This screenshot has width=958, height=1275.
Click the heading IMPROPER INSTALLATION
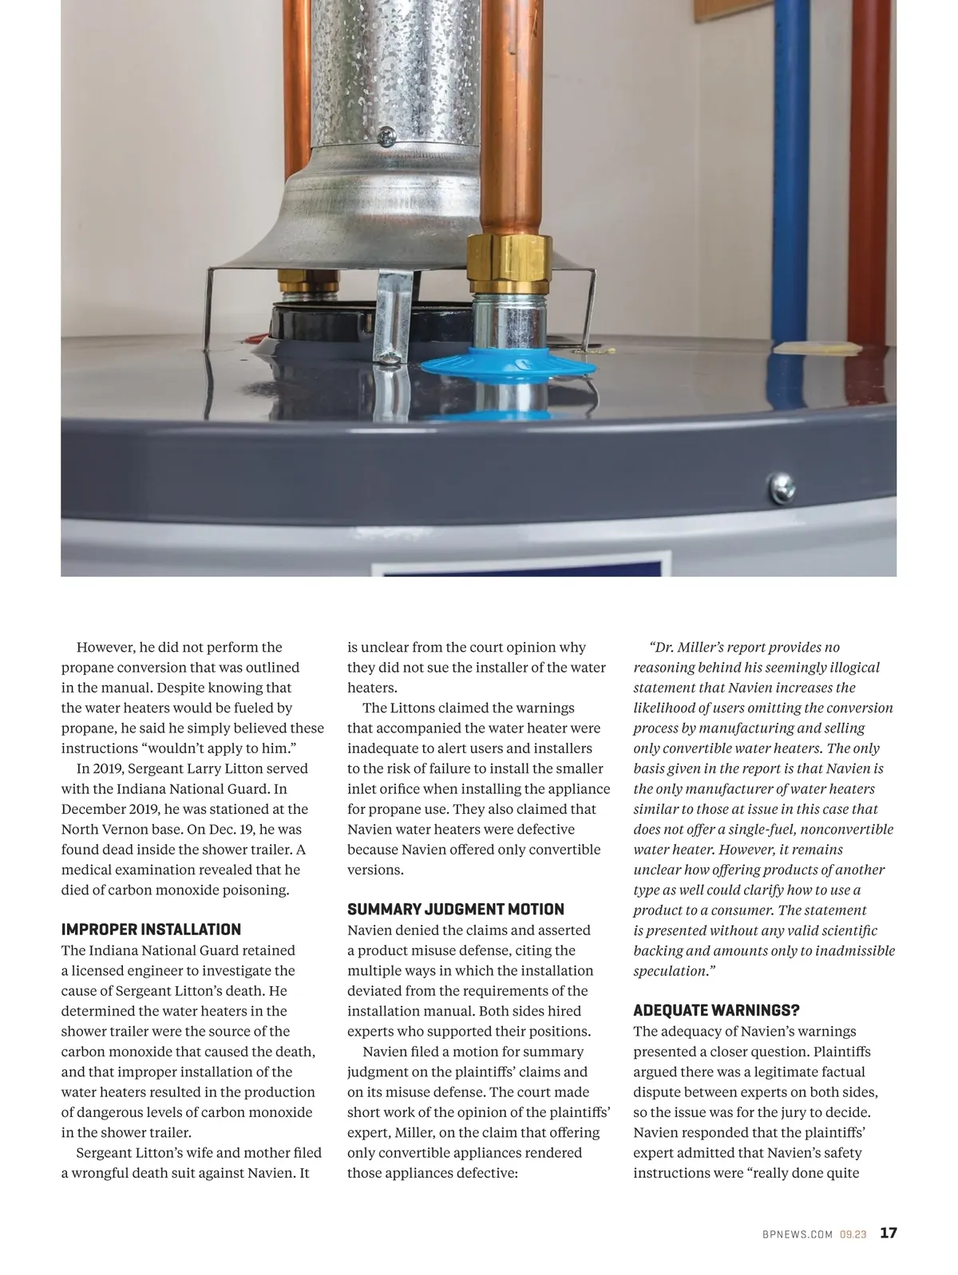[x=151, y=930]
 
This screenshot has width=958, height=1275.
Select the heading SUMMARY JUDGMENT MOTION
[x=455, y=910]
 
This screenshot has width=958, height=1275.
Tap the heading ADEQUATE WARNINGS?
[x=716, y=1011]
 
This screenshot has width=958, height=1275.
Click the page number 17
[x=889, y=1234]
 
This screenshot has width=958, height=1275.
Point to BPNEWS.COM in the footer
[x=797, y=1235]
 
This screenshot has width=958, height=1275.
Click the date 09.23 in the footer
[x=853, y=1235]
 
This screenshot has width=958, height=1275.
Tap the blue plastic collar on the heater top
[x=508, y=365]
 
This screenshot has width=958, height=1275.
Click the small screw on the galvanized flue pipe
[x=386, y=136]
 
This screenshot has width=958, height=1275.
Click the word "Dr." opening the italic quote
[x=663, y=647]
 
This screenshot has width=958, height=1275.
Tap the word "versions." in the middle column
[x=375, y=870]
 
